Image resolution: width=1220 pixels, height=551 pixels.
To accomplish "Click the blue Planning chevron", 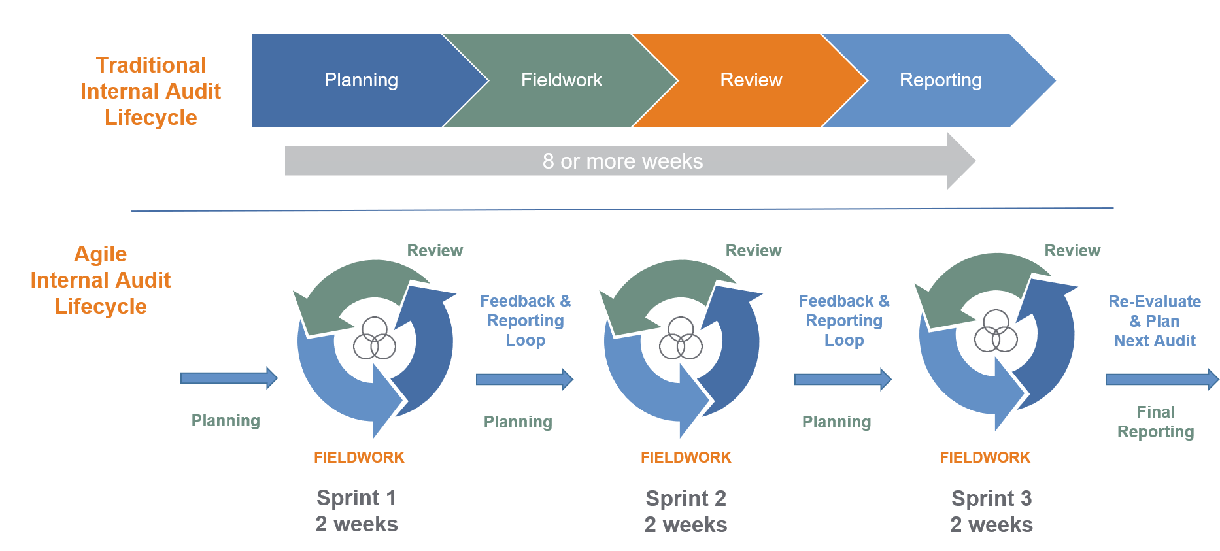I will click(361, 80).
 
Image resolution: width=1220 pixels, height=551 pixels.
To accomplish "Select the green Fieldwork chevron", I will click(561, 80).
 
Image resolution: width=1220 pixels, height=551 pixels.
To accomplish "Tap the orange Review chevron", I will click(751, 80).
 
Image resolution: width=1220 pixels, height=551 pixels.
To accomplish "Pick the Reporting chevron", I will click(940, 80).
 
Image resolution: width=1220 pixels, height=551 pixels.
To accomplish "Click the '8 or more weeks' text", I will click(622, 161).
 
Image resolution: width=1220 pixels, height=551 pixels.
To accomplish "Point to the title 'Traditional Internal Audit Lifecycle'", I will click(150, 91).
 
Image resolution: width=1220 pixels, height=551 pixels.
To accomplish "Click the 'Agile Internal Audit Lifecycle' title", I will click(100, 280).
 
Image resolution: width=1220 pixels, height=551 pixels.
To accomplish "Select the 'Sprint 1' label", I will click(356, 498).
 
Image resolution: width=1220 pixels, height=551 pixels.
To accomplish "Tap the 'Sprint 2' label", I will click(686, 499).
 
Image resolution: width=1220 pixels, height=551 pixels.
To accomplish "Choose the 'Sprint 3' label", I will click(991, 499).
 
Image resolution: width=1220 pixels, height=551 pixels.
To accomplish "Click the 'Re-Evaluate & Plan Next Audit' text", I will click(1155, 321).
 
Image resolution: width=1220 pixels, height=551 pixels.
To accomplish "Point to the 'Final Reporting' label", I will click(1155, 422).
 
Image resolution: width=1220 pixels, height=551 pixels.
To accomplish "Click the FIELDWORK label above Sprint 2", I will click(686, 458).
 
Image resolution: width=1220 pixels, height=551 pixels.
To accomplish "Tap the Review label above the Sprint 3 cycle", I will click(1072, 250).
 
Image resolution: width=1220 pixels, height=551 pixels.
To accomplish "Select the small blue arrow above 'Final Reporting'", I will click(1161, 379).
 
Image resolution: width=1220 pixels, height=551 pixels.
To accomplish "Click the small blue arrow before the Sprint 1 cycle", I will click(229, 378).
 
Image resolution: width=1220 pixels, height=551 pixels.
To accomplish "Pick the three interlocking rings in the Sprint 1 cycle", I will click(375, 339).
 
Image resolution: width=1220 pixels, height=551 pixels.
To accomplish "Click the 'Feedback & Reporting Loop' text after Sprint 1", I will click(526, 320).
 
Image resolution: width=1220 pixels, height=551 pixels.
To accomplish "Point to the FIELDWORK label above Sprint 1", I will click(359, 458).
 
